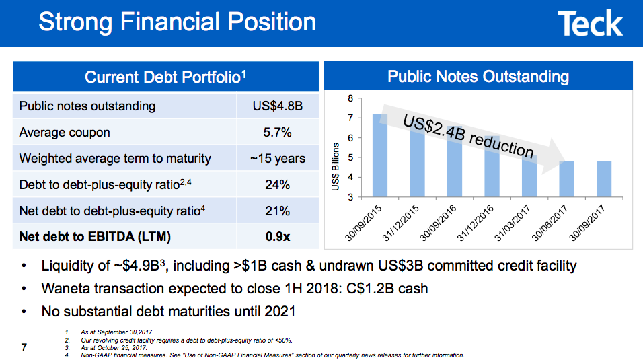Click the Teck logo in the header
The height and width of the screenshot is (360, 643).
(590, 24)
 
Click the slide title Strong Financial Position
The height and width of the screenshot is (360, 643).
(178, 22)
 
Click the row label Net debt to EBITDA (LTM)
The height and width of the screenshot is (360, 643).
(96, 237)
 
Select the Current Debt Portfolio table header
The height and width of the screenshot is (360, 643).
(165, 77)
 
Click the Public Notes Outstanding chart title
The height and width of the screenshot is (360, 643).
(478, 77)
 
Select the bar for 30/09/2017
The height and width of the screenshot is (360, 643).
(604, 180)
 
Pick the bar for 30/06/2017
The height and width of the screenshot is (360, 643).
(566, 180)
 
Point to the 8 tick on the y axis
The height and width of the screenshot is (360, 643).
(350, 99)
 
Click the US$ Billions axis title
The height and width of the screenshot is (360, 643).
(336, 166)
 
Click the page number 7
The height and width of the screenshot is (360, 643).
(24, 347)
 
